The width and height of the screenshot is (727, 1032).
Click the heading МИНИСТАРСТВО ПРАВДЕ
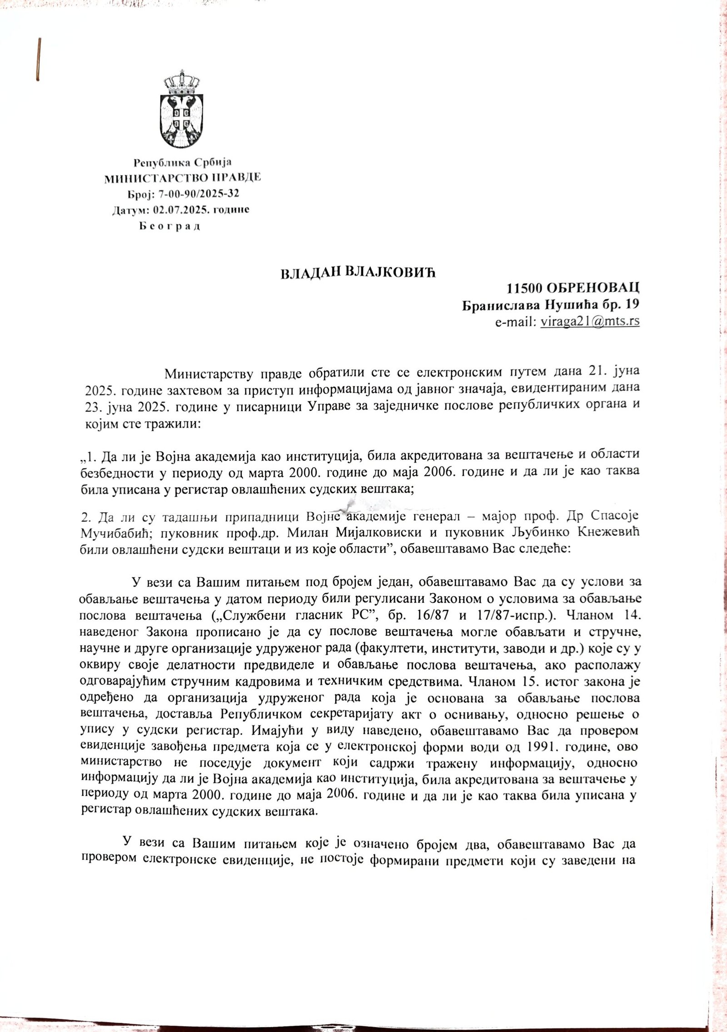pyautogui.click(x=183, y=178)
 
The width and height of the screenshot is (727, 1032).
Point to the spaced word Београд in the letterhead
pyautogui.click(x=169, y=226)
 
